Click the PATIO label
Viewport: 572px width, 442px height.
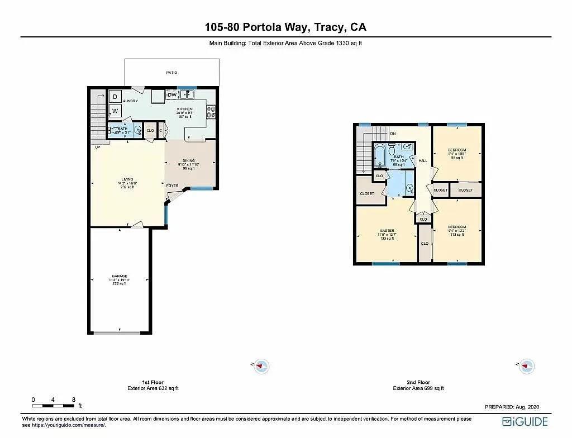tap(171, 73)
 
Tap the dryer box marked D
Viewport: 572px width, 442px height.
tap(115, 96)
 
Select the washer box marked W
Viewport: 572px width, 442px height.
tap(115, 111)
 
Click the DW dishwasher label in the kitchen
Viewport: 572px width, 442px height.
tap(172, 94)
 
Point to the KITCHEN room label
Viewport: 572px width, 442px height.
tap(185, 109)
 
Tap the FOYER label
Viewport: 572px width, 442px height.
tap(172, 186)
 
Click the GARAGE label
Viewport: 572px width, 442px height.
tap(119, 276)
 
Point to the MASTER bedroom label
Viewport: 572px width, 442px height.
tap(387, 231)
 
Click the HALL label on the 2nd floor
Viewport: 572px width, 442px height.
tap(423, 160)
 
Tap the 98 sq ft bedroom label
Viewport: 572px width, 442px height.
tap(457, 150)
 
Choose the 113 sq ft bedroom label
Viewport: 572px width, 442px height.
tap(457, 227)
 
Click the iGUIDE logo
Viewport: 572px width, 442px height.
tap(525, 421)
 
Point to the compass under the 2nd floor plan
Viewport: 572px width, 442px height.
tap(526, 366)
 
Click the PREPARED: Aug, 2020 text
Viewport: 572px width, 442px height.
tap(512, 407)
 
